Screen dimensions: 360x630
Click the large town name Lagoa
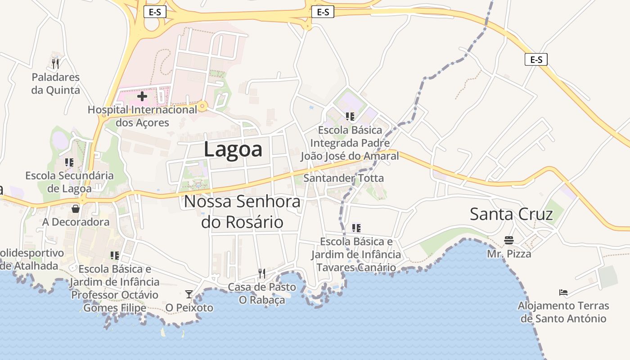(233, 149)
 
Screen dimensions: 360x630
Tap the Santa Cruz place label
(511, 214)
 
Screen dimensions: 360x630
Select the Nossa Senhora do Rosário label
(242, 211)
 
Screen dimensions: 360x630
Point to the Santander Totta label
(343, 178)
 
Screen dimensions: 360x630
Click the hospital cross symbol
(142, 96)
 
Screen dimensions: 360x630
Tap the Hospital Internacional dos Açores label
(142, 116)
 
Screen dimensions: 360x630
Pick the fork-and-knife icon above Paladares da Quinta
(55, 63)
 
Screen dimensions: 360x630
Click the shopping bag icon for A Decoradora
(76, 209)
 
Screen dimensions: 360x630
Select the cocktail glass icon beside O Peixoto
(189, 294)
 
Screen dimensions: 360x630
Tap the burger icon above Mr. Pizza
(509, 240)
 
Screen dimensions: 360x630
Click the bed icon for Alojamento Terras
(563, 292)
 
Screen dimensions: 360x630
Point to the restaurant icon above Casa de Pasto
(261, 273)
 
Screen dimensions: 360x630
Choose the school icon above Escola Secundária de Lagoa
(69, 162)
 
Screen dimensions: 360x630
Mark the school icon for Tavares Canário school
(356, 228)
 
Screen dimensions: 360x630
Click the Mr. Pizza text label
(509, 254)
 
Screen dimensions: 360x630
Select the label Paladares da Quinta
(55, 84)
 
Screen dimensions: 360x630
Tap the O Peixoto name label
(189, 308)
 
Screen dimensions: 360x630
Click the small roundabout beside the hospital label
(202, 107)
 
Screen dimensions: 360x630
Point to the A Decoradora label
(76, 222)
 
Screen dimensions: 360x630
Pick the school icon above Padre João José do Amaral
(350, 117)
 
